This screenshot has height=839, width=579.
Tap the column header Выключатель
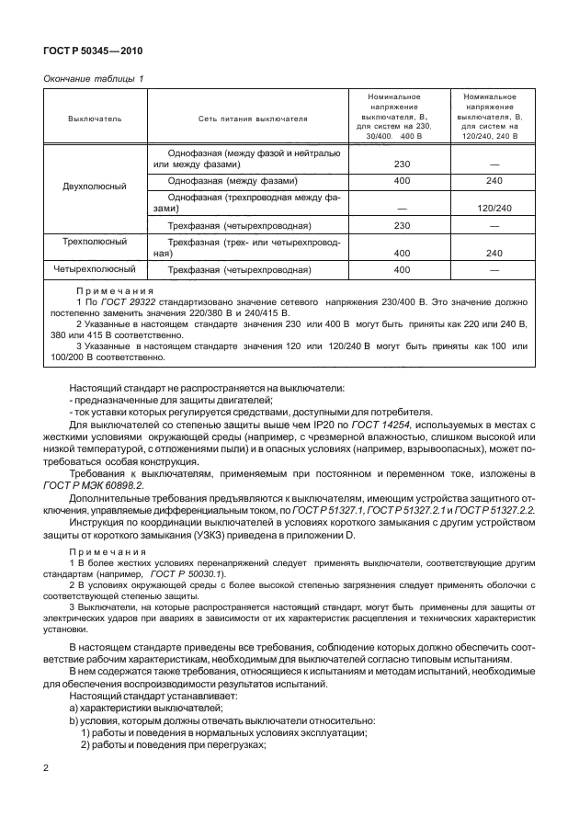pos(94,119)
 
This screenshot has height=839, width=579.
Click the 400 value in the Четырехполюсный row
pos(401,271)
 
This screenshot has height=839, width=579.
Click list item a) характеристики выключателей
pos(142,709)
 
